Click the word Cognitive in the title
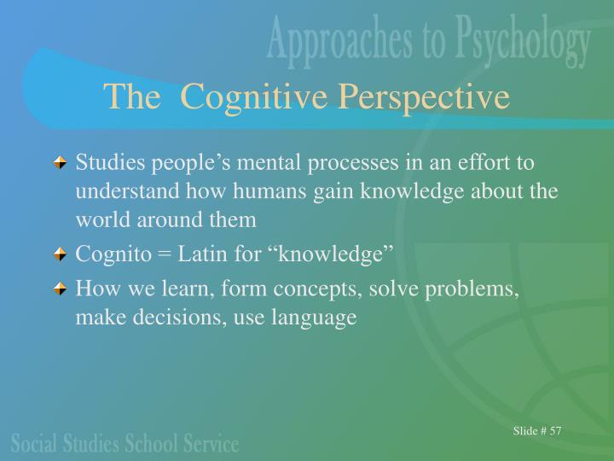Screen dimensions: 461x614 click(254, 97)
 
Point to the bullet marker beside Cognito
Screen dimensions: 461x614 click(61, 254)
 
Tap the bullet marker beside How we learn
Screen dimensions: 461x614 click(61, 290)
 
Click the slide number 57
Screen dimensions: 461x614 click(555, 430)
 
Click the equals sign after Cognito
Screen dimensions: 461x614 click(155, 254)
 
